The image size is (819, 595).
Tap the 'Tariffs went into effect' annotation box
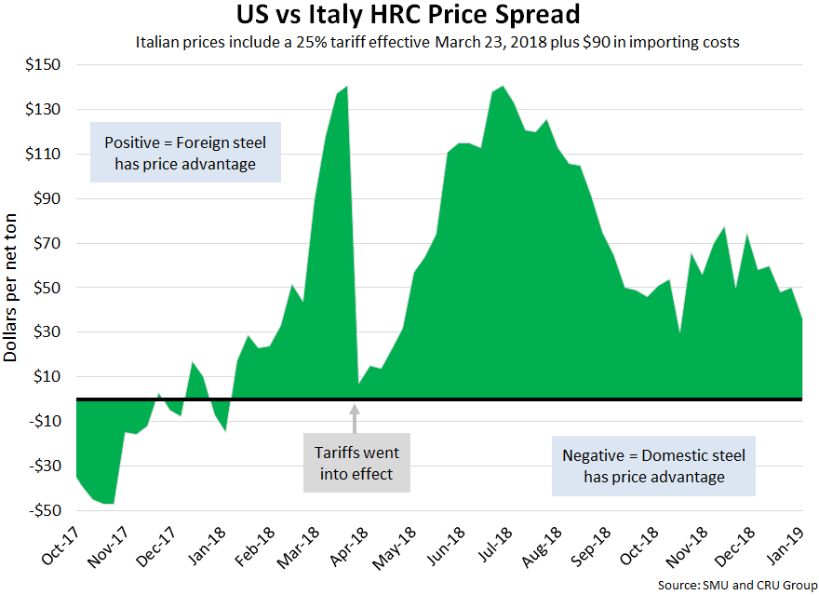pyautogui.click(x=356, y=463)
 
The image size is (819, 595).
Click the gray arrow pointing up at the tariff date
pyautogui.click(x=354, y=419)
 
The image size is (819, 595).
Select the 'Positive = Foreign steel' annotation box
pyautogui.click(x=185, y=154)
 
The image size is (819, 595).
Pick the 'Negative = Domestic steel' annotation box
pyautogui.click(x=653, y=467)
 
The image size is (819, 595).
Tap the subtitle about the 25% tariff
pyautogui.click(x=437, y=43)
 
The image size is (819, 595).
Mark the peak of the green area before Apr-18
pyautogui.click(x=346, y=87)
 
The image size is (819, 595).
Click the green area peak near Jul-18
pyautogui.click(x=503, y=87)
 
